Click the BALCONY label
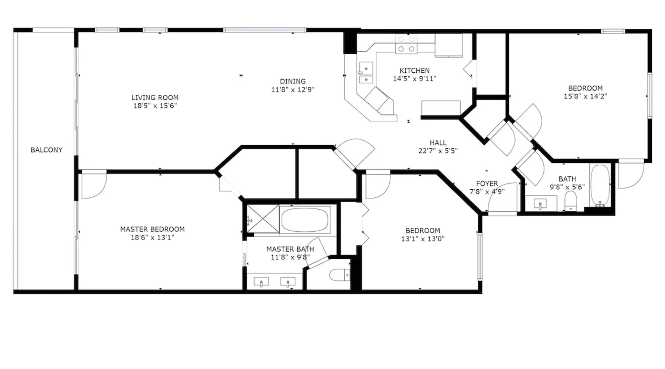pos(46,150)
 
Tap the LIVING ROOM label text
pos(155,97)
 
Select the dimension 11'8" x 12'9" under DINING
pos(293,89)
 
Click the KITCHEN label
pos(415,70)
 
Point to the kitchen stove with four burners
pos(406,44)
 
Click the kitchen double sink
pos(366,73)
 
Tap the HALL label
pos(438,142)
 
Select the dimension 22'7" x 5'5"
pos(438,151)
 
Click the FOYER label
pos(487,183)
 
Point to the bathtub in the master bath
pos(305,220)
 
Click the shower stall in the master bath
pos(263,218)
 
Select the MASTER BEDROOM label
pos(152,229)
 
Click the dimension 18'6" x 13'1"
pos(152,237)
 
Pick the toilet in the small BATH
pos(571,200)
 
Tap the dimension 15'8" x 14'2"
pos(585,96)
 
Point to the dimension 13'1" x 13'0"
pos(423,239)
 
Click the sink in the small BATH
pos(541,203)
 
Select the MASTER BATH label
pos(290,249)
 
